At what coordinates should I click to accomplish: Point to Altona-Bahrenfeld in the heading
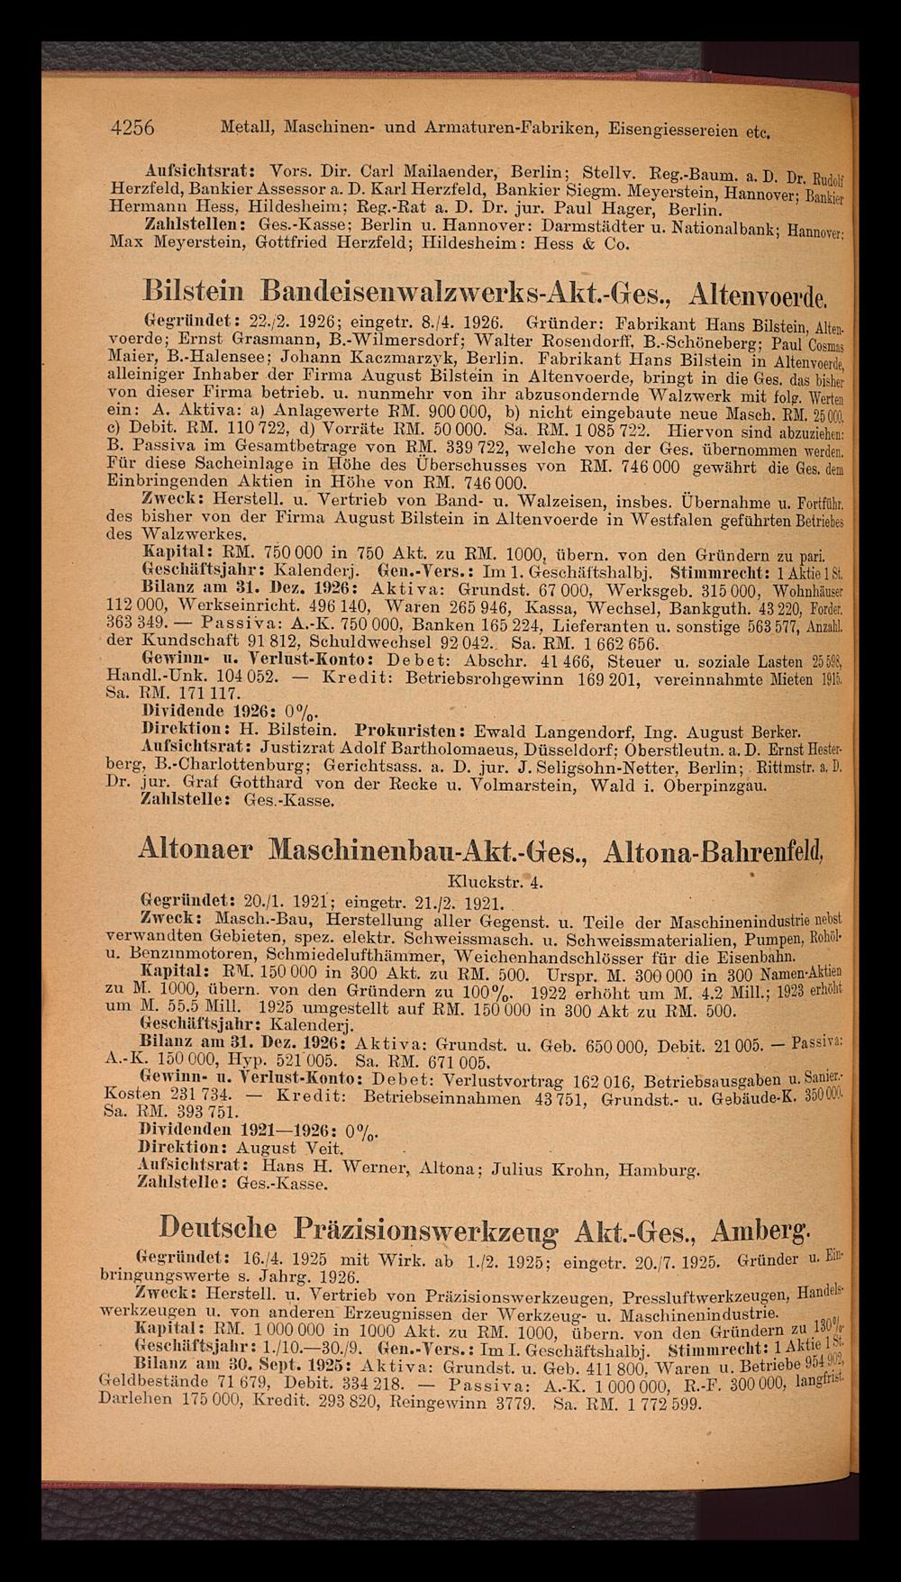coord(716,851)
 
